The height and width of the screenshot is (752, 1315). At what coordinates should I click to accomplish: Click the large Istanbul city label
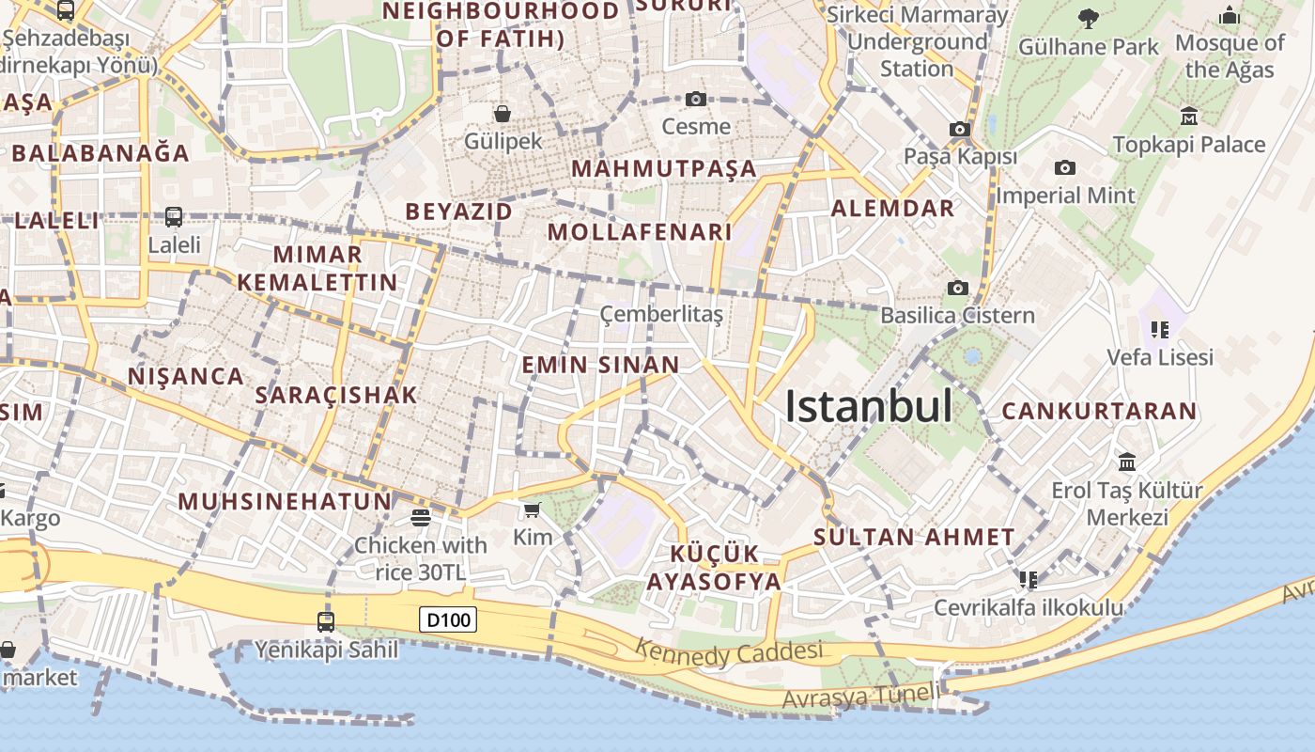[868, 407]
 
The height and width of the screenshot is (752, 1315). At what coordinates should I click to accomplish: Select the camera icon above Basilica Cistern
[957, 288]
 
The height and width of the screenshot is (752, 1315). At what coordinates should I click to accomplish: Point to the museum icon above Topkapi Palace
[1189, 116]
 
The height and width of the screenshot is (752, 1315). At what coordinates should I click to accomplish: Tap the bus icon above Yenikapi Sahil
[325, 621]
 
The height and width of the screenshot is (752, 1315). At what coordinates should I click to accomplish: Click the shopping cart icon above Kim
[533, 509]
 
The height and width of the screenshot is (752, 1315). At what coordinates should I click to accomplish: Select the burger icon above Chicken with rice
[420, 517]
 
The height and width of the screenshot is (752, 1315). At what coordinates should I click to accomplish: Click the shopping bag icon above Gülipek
[503, 114]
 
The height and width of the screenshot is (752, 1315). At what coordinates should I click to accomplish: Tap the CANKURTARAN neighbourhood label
[1099, 411]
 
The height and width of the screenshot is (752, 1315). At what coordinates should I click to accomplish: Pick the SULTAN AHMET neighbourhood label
[914, 538]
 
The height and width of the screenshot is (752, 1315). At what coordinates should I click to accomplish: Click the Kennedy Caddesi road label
[729, 651]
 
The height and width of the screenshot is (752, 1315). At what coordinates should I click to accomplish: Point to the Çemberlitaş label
[661, 314]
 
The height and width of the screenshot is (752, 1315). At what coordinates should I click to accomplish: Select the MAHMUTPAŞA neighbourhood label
[664, 169]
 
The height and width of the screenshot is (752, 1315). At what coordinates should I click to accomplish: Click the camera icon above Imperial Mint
[1064, 167]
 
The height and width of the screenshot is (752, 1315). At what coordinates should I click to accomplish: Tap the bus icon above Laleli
[174, 217]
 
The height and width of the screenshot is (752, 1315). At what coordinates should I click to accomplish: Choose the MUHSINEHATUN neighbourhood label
[285, 501]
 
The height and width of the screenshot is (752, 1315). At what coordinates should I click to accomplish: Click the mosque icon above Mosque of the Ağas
[1229, 15]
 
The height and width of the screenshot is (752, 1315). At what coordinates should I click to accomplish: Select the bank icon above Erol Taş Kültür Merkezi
[1127, 462]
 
